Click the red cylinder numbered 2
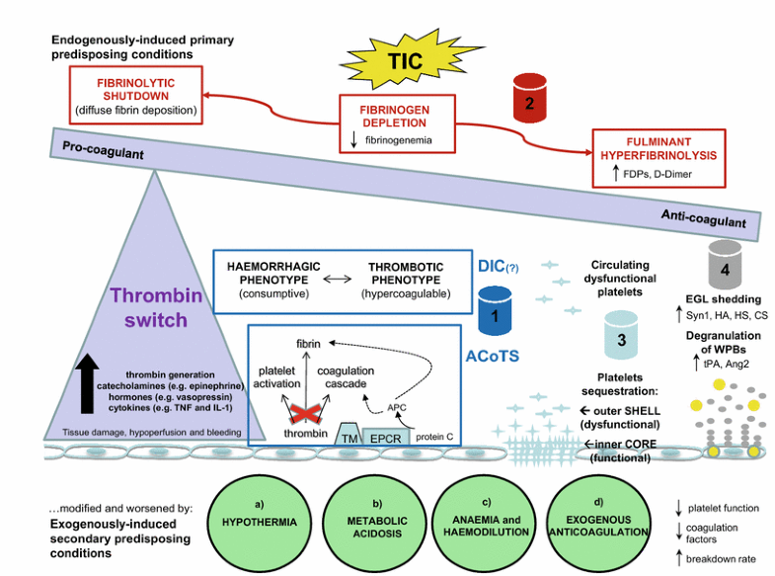530,98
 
